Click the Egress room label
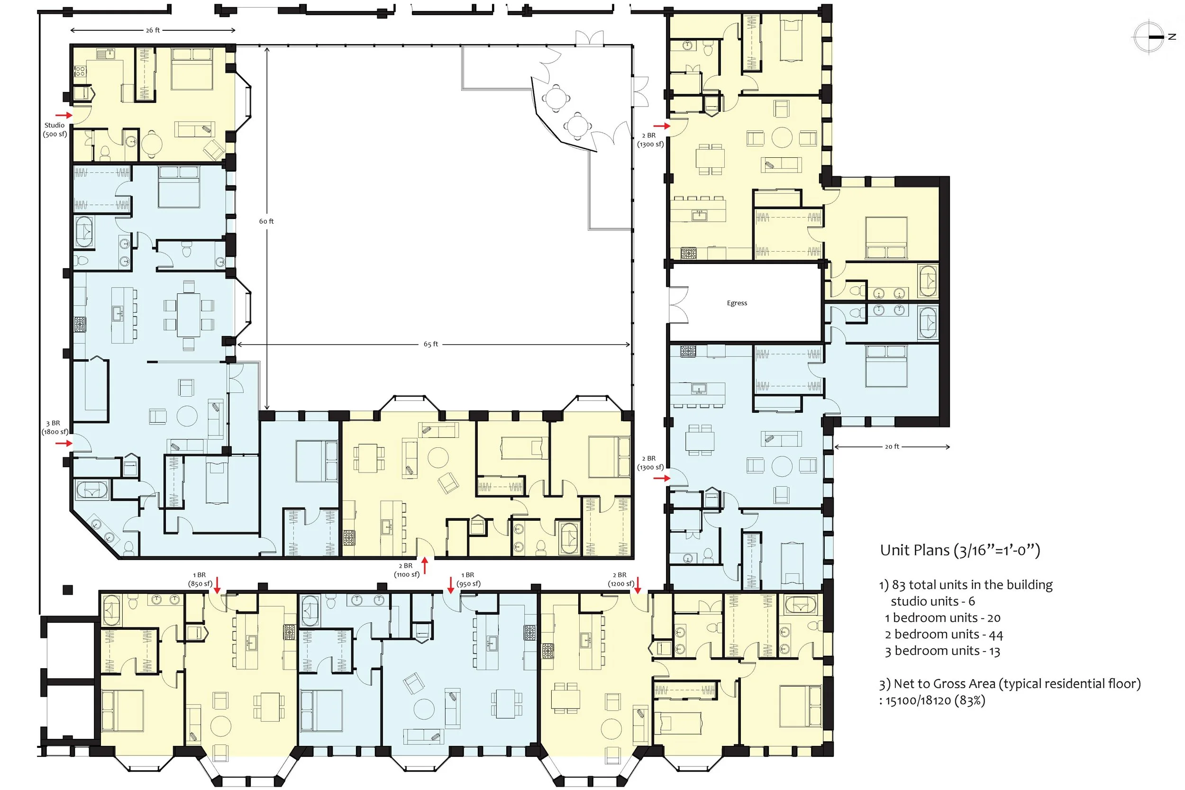[737, 303]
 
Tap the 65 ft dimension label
[431, 344]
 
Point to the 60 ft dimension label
[266, 221]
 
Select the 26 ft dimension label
[153, 30]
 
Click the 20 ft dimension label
[892, 446]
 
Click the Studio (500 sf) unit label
[55, 129]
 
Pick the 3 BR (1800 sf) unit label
[55, 427]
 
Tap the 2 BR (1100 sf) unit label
[407, 570]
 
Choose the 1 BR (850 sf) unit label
[200, 579]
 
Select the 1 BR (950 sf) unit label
[468, 579]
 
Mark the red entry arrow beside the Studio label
[64, 115]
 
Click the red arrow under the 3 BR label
[64, 444]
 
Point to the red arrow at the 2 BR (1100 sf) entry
[425, 566]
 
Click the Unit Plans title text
[960, 550]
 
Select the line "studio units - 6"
[932, 601]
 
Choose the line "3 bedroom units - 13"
[942, 651]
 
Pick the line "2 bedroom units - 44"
[944, 634]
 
